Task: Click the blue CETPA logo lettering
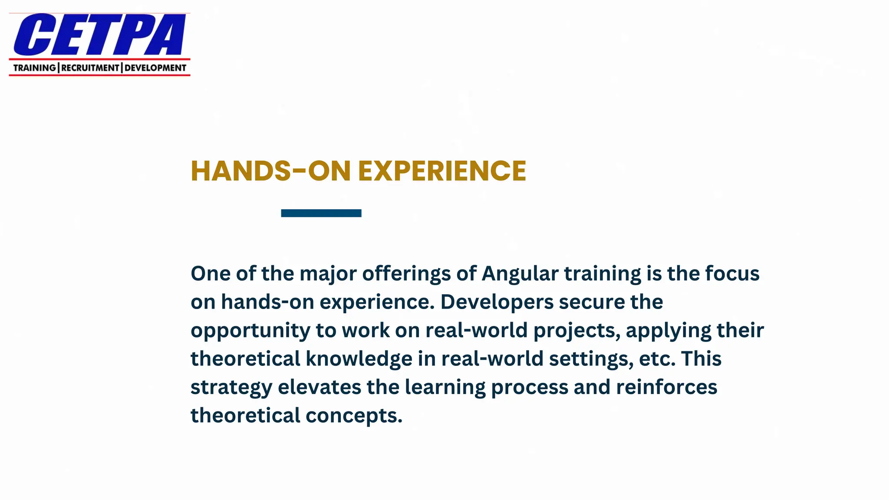click(100, 35)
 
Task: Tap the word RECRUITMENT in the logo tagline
click(90, 68)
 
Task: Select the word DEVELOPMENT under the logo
click(155, 68)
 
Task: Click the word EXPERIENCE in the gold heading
click(442, 171)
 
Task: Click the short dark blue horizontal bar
click(321, 213)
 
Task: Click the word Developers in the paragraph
click(497, 302)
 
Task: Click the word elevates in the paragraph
click(319, 387)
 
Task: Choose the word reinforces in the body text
click(666, 387)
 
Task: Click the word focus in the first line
click(732, 274)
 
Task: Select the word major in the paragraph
click(328, 274)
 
